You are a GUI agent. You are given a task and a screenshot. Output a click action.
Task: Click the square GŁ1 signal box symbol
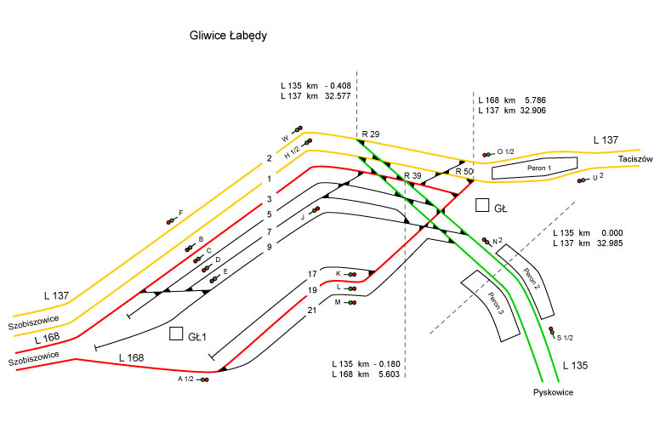coord(177,334)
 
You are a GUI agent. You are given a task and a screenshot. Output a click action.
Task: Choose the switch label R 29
coord(370,134)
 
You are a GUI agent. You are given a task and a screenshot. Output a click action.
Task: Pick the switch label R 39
coord(413,175)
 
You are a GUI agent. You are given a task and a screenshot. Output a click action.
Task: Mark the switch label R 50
coord(464,172)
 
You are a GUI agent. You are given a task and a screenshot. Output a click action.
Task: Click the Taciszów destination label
coord(634,159)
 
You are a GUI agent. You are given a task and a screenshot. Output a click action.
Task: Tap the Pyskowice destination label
coord(555,392)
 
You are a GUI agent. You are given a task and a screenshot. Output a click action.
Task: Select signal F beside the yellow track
coord(172,220)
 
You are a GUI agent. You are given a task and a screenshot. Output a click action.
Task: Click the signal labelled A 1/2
coord(204,379)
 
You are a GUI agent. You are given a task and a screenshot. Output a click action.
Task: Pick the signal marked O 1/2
coord(487,154)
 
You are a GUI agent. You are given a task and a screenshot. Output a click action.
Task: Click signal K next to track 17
coord(351,274)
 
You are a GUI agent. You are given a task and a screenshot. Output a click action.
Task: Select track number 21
coord(312,311)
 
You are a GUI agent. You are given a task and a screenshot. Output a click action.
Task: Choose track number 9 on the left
coord(269,247)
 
